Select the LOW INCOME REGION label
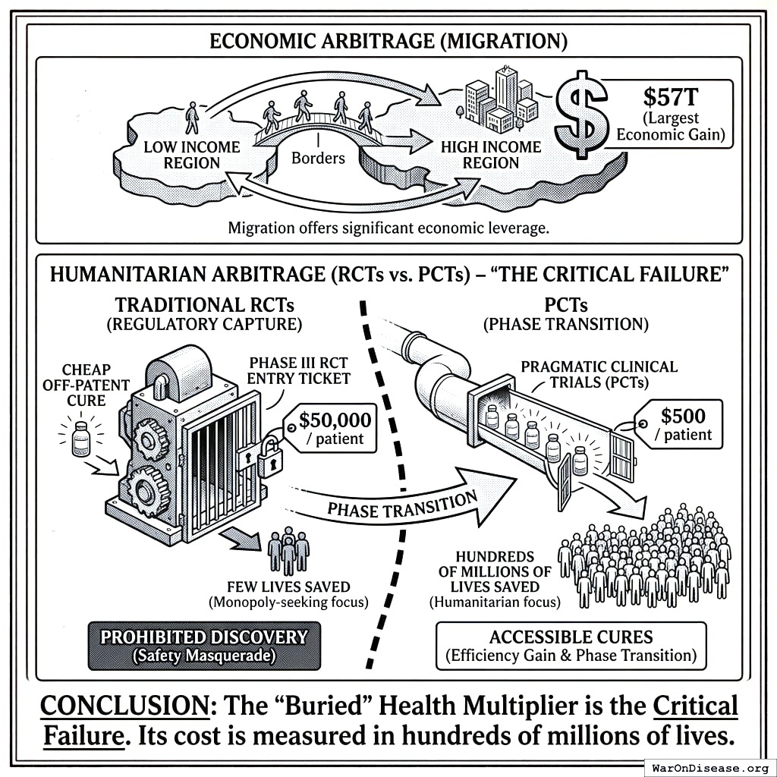191,155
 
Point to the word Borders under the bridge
318,159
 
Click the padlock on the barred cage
268,461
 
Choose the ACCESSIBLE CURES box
571,646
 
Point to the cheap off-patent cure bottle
80,439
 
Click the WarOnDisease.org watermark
710,767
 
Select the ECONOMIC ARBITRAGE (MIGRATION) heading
388,40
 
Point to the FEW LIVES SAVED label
288,587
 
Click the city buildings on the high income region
497,99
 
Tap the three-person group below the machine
288,552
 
